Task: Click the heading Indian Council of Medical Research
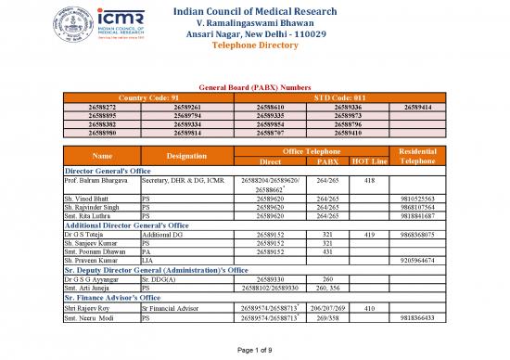(255, 11)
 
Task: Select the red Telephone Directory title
(255, 45)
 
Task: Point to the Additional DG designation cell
(162, 236)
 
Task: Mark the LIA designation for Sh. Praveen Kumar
(146, 261)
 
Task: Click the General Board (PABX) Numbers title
(255, 85)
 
